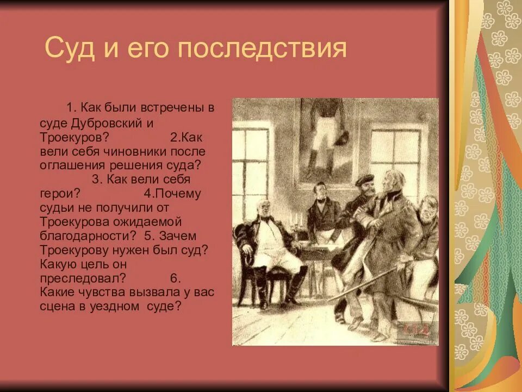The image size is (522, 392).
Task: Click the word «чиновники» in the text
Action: pos(135,151)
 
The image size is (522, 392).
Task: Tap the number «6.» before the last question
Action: pos(175,278)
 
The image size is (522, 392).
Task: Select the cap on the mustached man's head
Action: pos(364,180)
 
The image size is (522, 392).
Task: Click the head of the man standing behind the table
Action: pos(321,191)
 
